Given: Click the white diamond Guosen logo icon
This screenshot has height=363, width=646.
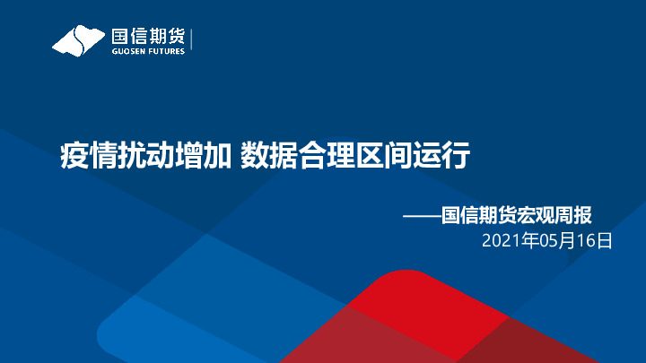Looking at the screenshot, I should pyautogui.click(x=78, y=40).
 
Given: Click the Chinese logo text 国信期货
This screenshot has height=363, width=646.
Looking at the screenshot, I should pyautogui.click(x=147, y=36).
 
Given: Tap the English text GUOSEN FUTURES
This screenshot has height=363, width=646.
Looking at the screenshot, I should pyautogui.click(x=147, y=51).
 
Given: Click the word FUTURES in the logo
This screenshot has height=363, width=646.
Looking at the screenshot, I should pyautogui.click(x=168, y=51).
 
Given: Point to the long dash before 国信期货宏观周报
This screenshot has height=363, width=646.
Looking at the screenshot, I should pyautogui.click(x=421, y=215).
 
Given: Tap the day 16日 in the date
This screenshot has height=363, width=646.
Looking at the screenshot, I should pyautogui.click(x=595, y=239).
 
